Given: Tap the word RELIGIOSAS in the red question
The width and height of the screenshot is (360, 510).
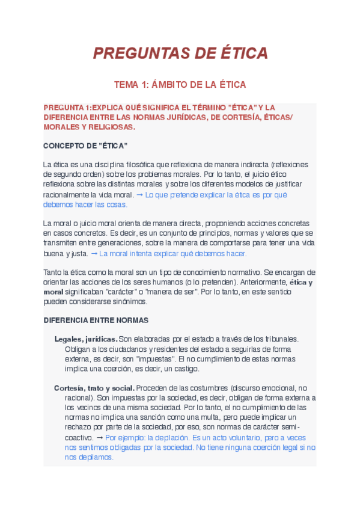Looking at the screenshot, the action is (x=111, y=127).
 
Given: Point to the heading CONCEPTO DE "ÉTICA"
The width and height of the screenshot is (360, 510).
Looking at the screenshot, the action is (x=85, y=146).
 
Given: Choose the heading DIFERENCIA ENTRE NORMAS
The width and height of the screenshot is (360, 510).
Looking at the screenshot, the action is (x=96, y=321).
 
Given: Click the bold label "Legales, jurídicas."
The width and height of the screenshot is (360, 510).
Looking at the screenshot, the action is (x=85, y=339).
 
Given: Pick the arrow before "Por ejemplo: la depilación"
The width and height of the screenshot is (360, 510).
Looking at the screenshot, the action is (x=99, y=438).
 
